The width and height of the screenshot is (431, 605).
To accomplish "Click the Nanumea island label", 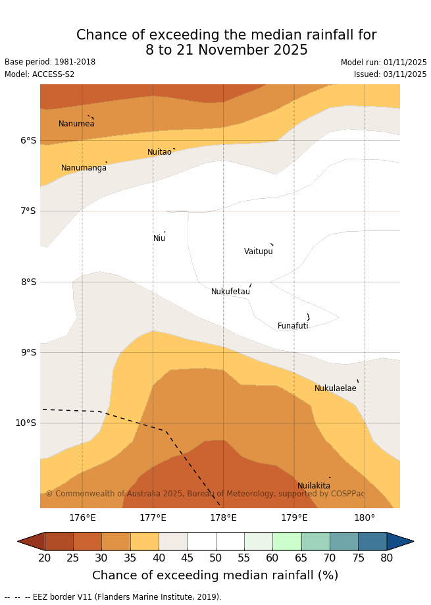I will click(76, 124).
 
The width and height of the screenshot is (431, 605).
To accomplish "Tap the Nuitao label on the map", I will click(159, 152).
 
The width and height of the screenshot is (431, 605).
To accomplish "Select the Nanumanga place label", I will click(84, 168).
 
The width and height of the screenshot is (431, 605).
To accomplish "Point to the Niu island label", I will click(159, 238).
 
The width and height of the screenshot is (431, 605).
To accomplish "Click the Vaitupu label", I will click(258, 251).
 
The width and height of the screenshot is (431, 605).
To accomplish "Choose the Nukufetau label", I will click(230, 292).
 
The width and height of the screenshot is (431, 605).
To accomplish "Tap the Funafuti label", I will click(293, 326).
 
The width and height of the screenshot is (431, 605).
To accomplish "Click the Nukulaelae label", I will click(335, 388).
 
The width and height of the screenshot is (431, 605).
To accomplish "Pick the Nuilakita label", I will click(314, 486).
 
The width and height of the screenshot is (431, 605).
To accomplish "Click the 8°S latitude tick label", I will click(28, 282).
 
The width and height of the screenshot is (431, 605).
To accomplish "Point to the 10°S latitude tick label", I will click(26, 423).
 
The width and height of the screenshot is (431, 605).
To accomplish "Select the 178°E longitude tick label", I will click(223, 517).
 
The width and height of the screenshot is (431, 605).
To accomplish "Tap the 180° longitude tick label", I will click(365, 517).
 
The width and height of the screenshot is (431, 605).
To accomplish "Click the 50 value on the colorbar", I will click(216, 558).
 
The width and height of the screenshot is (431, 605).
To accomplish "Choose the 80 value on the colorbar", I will click(387, 558).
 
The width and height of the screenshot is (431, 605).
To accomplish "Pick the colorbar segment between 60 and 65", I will click(287, 541).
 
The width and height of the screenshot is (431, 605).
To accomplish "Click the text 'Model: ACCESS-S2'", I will click(39, 74).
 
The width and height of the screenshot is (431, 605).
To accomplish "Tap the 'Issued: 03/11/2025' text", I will click(390, 74).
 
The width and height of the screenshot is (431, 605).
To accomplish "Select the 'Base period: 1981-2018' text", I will click(50, 62).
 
